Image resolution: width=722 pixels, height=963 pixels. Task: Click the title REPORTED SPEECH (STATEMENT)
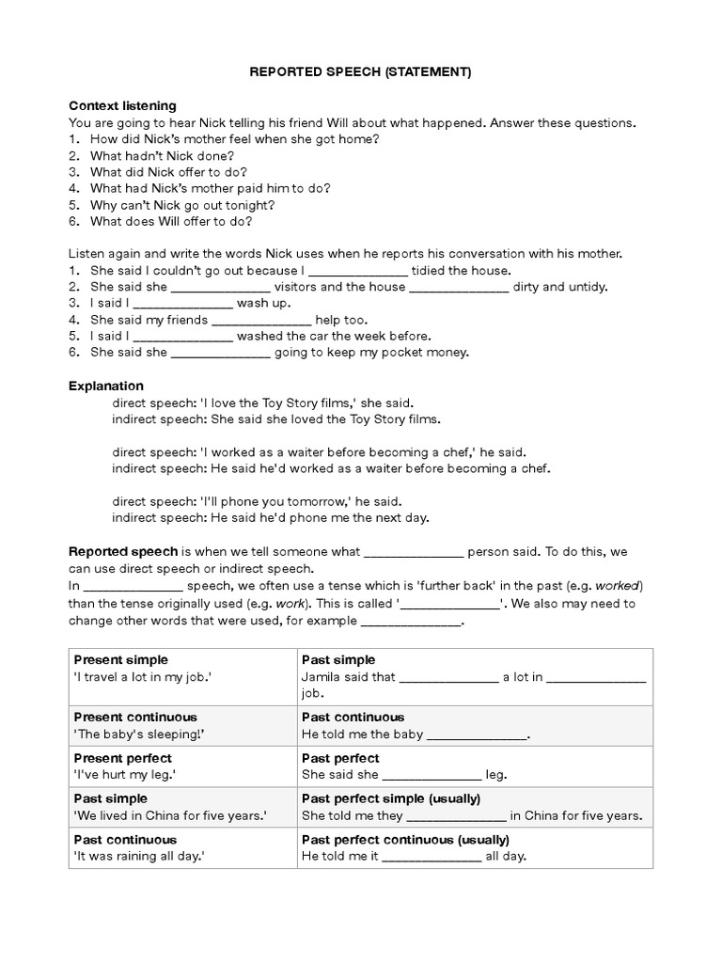coord(360,71)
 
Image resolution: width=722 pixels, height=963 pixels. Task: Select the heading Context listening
coord(122,105)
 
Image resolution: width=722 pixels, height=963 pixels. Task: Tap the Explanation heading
coord(106,386)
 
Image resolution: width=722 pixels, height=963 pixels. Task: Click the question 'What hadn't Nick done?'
coord(162,155)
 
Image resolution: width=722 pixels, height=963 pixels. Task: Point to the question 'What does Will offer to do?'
coord(170,222)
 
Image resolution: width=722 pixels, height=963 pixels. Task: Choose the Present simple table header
coord(121,659)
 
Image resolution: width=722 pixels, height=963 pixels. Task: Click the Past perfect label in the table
coord(340,758)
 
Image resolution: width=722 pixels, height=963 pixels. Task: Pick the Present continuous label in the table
coord(135,717)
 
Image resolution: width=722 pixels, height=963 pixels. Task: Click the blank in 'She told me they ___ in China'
coord(457,815)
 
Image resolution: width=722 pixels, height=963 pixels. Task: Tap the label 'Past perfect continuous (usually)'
coord(405,839)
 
